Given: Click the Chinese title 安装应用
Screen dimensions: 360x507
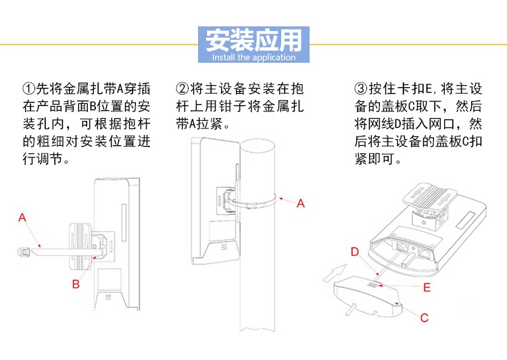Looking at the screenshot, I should pos(253,40).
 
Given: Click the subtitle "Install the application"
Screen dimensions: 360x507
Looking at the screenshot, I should pos(254,57).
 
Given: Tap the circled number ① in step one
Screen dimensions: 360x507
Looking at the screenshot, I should pos(28,89).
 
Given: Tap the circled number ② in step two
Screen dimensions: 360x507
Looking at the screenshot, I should pos(182,89).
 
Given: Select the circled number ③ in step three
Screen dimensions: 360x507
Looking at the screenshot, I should pos(360,89).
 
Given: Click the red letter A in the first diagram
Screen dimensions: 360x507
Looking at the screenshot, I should pos(22,217).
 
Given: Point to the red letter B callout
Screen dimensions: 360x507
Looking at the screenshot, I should pos(76,284).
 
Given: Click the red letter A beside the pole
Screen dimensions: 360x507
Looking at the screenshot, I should pos(301,203).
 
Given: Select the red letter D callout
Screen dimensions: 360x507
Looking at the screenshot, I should pos(354,252).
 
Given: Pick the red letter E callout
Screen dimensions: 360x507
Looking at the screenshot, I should pos(427,287).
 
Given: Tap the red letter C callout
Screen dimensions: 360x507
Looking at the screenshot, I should pos(424,317).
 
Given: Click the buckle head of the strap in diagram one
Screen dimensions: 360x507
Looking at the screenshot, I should pos(22,252).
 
